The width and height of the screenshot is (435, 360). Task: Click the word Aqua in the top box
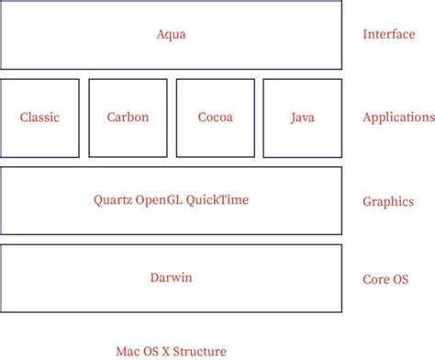point(172,34)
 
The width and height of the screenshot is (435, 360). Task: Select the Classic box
point(39,118)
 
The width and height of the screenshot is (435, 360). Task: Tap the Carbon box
point(128,118)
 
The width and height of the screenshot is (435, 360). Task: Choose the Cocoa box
point(215,118)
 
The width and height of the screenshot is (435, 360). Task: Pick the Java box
point(303,118)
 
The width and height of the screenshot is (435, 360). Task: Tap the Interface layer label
point(388,34)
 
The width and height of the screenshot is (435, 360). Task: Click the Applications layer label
point(398,118)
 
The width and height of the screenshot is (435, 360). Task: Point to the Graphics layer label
point(388,201)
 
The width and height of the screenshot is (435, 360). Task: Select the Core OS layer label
point(386,278)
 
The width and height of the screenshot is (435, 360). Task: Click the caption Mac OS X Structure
point(171,351)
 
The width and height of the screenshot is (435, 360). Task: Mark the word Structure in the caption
point(200,351)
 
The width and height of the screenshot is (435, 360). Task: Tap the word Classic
point(39,118)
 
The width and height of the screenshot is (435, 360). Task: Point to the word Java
point(303,118)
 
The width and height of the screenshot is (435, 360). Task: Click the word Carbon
point(128,118)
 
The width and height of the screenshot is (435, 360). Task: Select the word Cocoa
point(215,118)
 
